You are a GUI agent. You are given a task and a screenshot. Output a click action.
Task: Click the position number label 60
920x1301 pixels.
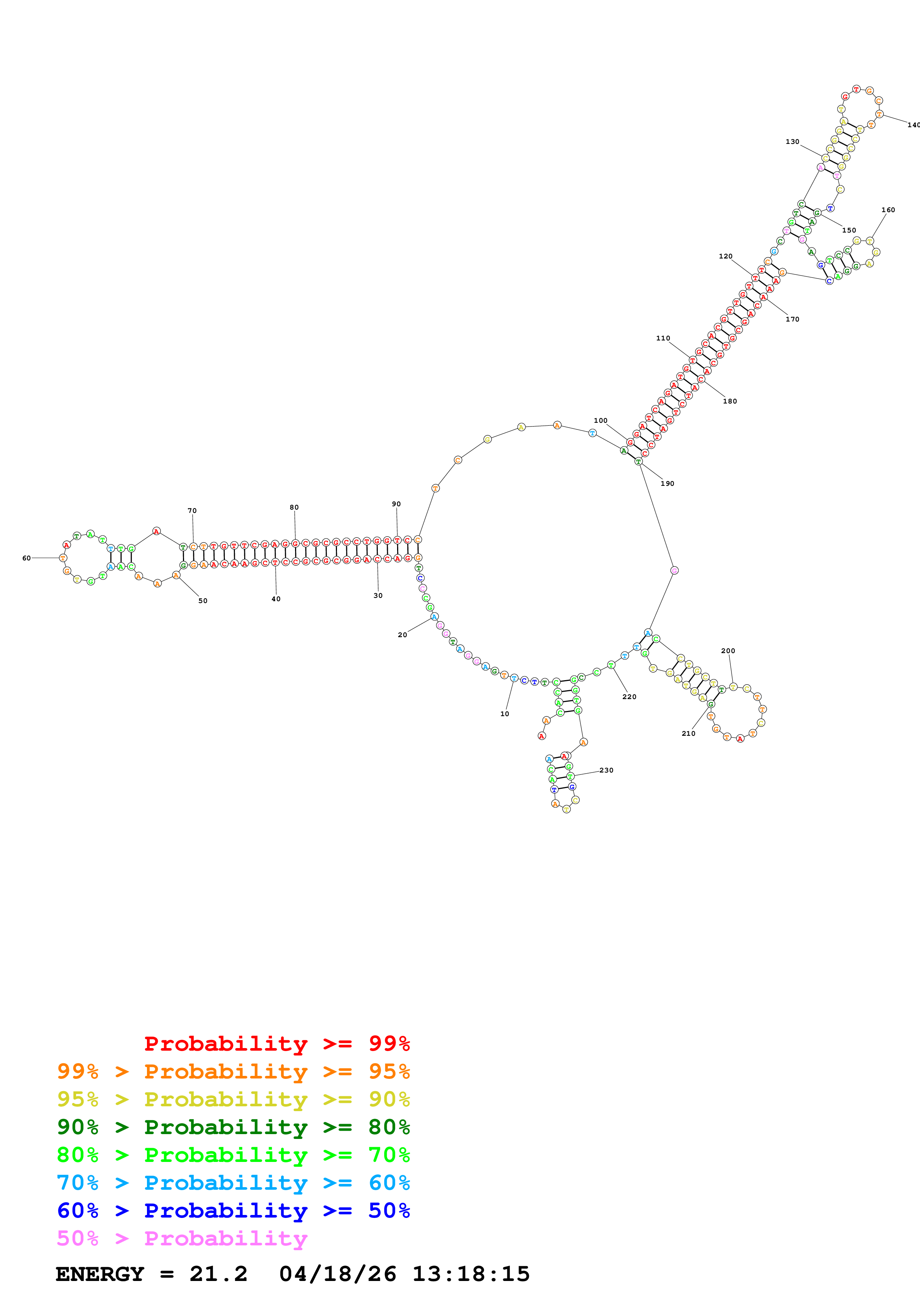coord(26,558)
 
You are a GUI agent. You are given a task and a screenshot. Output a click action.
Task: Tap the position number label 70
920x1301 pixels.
coord(192,511)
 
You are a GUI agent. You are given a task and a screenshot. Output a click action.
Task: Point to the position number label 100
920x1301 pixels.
coord(600,421)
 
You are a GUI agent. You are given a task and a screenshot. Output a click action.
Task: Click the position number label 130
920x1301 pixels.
coord(792,142)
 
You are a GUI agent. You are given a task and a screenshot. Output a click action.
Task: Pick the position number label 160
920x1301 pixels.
coord(888,210)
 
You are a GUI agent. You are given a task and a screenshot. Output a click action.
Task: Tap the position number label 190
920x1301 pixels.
coord(667,483)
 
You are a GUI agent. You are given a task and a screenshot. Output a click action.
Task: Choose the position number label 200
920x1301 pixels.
coord(728,650)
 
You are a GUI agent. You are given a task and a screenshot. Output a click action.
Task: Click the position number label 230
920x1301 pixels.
coord(606,770)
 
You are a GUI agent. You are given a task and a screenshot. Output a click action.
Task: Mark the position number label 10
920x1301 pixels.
coord(504,714)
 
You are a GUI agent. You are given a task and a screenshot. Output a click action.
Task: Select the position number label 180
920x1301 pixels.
coord(730,401)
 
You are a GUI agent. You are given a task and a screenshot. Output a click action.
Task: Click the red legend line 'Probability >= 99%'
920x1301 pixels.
coord(276,1044)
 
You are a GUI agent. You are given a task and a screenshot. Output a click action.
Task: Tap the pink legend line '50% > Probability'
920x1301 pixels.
coord(182,1239)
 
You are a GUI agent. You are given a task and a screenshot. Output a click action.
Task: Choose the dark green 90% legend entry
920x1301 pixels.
coord(233,1127)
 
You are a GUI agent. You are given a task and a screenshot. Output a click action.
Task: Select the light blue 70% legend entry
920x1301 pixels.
coord(233,1183)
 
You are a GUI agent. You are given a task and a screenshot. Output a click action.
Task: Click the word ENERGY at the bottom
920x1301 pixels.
coord(100,1274)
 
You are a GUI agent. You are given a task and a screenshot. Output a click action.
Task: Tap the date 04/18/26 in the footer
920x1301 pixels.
coord(337,1274)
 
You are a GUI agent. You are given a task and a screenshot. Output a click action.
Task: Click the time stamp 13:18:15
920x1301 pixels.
coord(471,1274)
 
